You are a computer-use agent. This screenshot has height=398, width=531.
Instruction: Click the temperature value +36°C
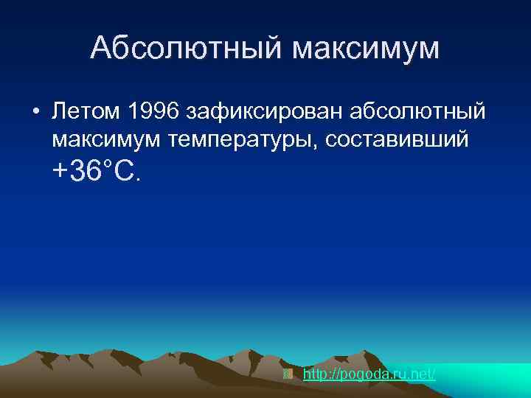(x=95, y=172)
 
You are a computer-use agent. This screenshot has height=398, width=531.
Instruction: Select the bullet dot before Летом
(x=35, y=113)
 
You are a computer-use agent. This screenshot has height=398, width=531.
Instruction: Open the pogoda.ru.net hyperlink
(x=369, y=374)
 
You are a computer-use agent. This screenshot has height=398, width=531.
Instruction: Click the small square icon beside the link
(x=288, y=374)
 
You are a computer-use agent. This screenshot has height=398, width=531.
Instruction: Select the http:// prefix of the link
(x=319, y=374)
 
